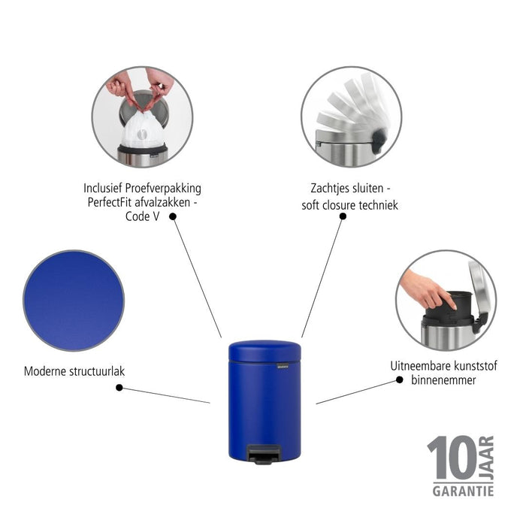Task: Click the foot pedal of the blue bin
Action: point(266,453)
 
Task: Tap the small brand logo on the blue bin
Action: point(282,365)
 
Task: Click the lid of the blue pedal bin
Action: point(264,349)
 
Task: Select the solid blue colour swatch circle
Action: point(73,301)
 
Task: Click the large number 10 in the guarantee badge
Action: point(451,458)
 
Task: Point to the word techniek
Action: point(377,204)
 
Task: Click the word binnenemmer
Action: point(443,380)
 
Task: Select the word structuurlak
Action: point(94,370)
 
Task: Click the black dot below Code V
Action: point(173,216)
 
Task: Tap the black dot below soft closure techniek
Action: point(343,216)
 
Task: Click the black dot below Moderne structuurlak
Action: point(119,388)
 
